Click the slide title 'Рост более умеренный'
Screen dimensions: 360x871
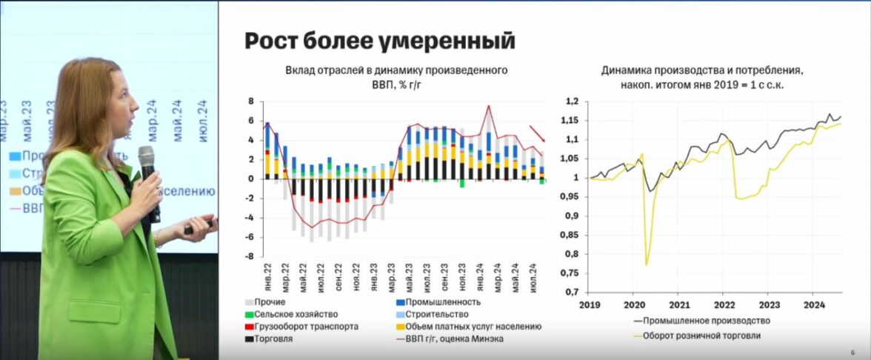[x=378, y=40]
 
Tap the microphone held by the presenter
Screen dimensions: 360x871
[x=148, y=174]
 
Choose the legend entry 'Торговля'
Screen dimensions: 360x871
[x=273, y=339]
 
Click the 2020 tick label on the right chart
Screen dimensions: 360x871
[x=634, y=304]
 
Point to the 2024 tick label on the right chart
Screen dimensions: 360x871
[x=814, y=304]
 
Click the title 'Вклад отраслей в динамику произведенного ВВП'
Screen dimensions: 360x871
[x=396, y=77]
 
